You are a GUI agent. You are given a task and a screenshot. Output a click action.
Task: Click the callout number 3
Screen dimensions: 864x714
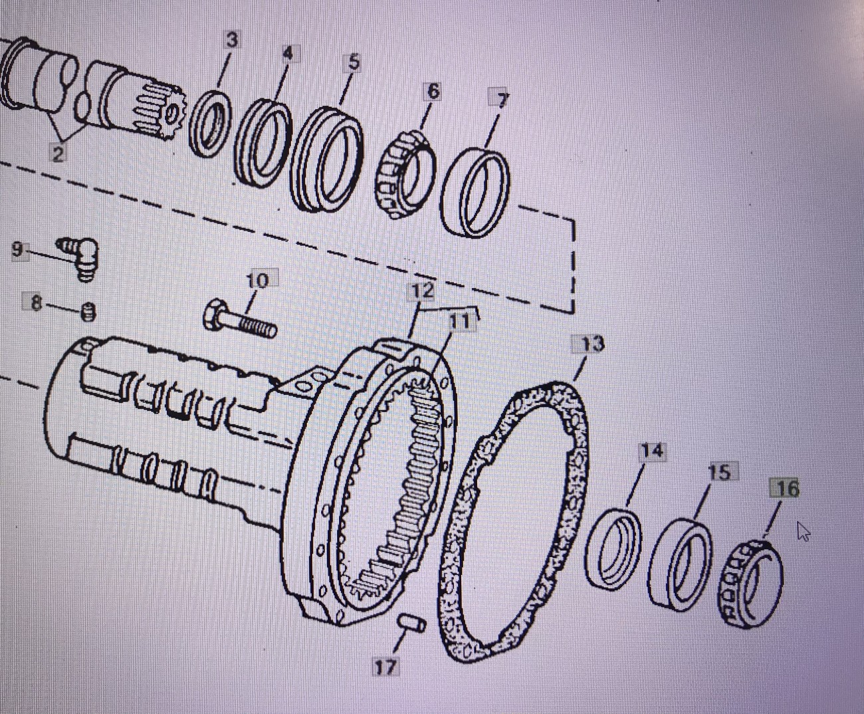click(232, 41)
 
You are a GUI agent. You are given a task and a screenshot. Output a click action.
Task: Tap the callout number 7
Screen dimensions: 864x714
click(501, 100)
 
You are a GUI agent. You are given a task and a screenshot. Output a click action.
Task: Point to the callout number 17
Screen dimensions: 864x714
click(385, 667)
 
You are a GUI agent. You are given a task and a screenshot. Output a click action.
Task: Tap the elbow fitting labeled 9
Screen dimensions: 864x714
click(79, 257)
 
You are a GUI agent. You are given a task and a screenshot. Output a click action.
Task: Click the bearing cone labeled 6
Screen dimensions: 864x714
click(405, 175)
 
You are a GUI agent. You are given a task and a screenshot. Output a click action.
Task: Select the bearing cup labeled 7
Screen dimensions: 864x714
click(475, 193)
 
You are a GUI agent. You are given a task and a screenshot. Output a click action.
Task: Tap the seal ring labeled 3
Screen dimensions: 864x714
click(210, 123)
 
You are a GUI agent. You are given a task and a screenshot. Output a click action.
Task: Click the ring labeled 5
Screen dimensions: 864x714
click(327, 160)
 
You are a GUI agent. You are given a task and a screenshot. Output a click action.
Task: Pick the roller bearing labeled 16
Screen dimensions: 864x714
click(750, 584)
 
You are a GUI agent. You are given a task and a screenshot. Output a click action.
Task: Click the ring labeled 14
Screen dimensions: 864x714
click(613, 550)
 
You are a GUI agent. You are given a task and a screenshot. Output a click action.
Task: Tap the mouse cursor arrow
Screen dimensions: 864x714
click(803, 531)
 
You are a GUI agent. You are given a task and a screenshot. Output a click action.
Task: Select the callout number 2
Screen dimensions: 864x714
click(58, 154)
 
